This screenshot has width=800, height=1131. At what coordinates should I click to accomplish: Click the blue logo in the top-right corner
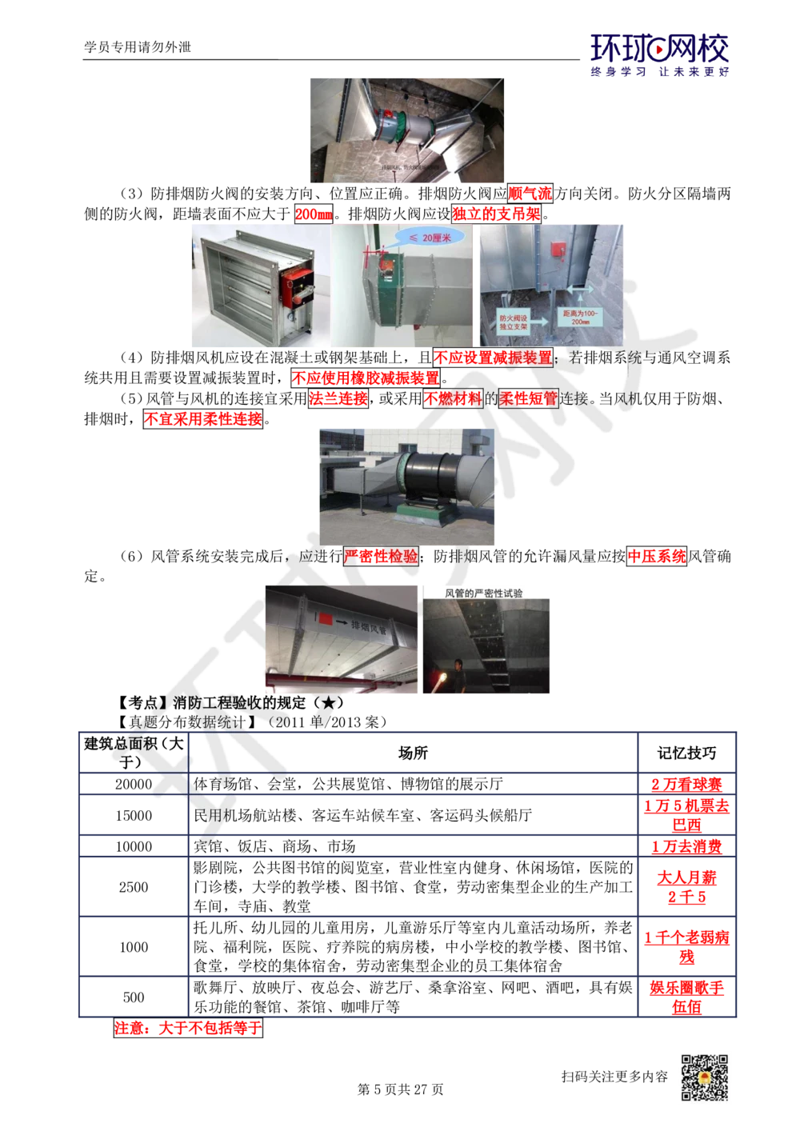tap(660, 54)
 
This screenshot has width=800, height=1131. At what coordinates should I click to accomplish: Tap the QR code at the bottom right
tap(703, 1077)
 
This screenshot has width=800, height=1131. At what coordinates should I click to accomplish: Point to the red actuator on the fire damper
tap(295, 284)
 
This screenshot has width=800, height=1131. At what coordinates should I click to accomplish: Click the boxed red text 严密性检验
tap(382, 556)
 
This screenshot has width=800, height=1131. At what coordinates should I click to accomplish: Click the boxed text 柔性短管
tap(528, 398)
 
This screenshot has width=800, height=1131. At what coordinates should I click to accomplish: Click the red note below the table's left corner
tap(187, 1029)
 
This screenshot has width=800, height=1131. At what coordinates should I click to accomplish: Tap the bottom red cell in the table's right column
tap(686, 997)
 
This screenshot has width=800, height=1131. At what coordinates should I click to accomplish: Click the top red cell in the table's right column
tap(686, 784)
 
